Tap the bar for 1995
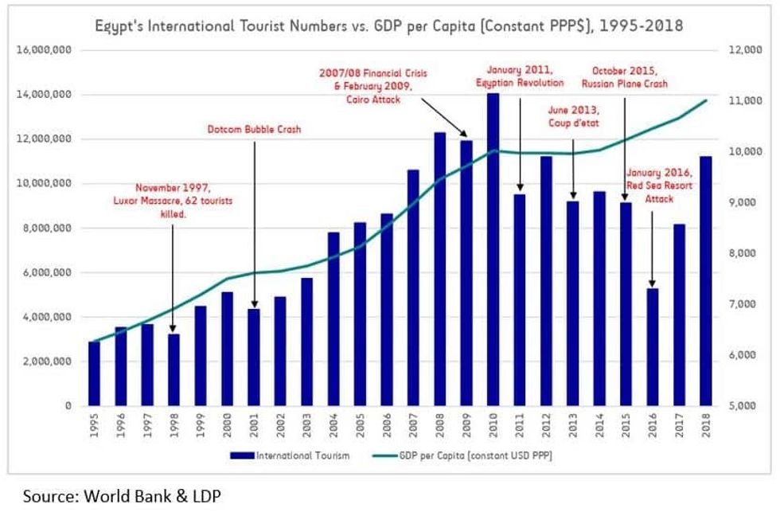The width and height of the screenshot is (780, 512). click(95, 373)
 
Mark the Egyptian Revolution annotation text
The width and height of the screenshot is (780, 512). click(519, 76)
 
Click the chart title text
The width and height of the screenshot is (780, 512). click(389, 26)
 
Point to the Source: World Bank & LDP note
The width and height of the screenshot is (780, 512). click(122, 496)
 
